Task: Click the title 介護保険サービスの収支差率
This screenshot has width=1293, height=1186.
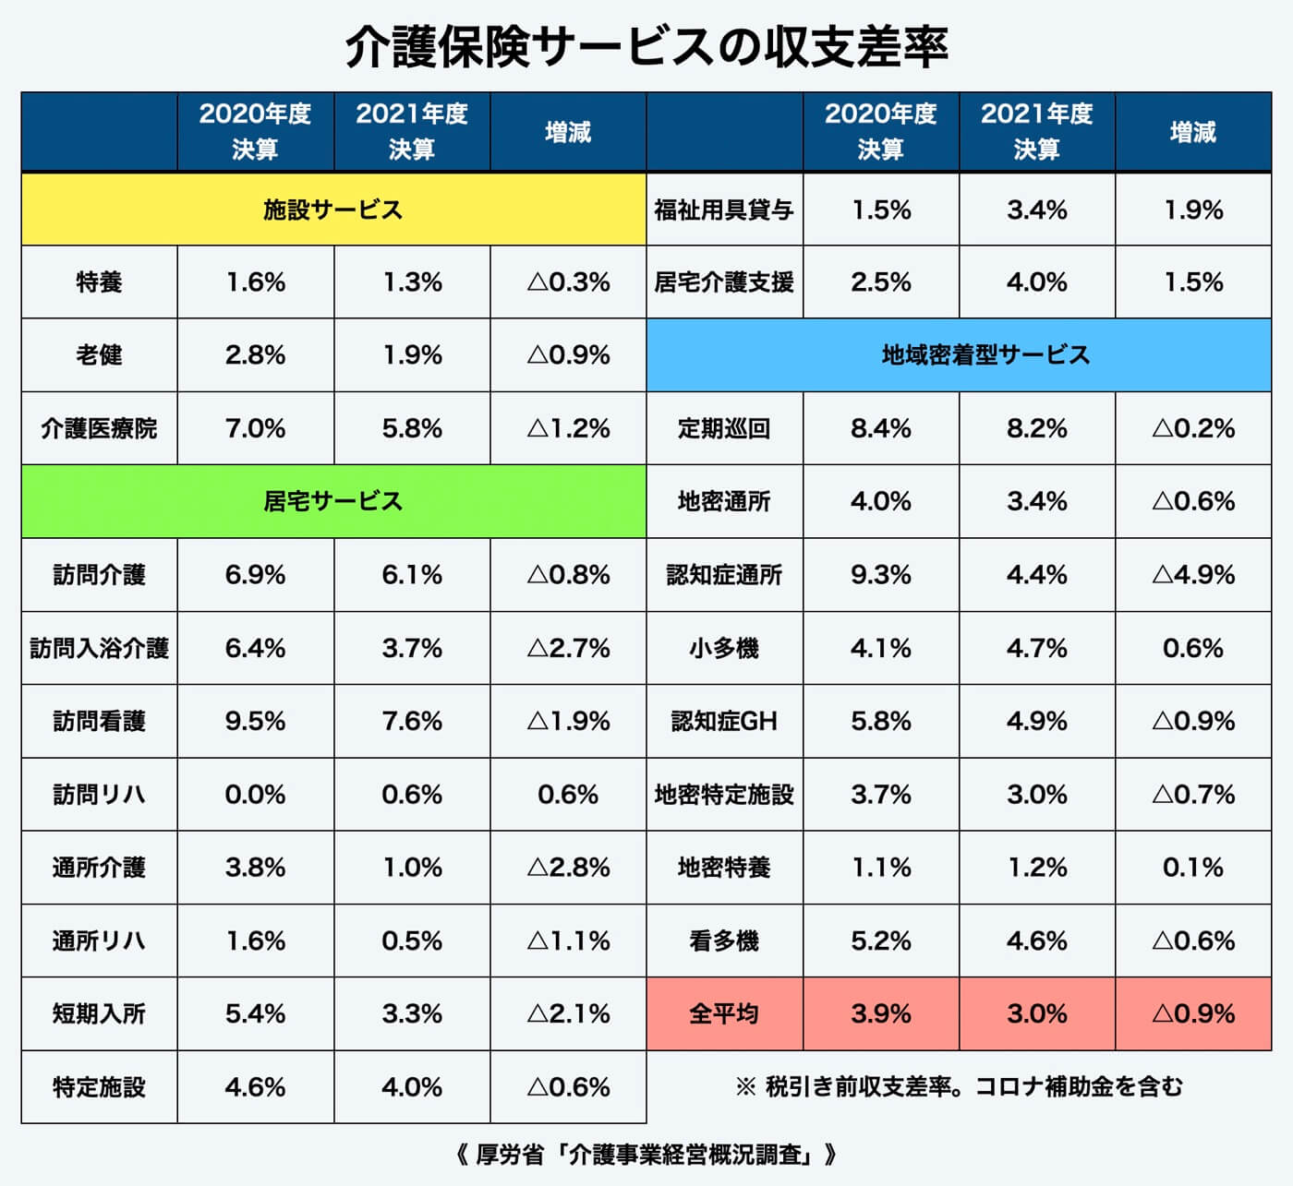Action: (646, 46)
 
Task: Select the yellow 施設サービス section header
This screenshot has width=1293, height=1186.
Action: (332, 210)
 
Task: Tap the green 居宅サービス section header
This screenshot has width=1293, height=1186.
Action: (332, 501)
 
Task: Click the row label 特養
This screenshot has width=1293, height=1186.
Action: (99, 282)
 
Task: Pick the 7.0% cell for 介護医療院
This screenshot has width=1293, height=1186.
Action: (255, 428)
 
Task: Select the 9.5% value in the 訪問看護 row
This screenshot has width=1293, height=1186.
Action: (255, 721)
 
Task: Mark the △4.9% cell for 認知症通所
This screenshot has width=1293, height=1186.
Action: (1193, 575)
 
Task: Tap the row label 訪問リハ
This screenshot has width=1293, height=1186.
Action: (99, 795)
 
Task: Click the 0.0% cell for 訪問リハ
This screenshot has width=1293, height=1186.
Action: (255, 795)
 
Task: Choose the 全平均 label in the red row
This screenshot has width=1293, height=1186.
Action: (724, 1013)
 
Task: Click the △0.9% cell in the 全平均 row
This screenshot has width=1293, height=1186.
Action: (1193, 1013)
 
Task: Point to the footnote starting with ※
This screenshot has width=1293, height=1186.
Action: (959, 1086)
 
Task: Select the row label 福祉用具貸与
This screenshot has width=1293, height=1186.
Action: (724, 210)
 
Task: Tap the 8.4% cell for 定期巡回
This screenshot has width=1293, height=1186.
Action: (880, 428)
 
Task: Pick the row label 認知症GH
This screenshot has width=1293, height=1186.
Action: (724, 721)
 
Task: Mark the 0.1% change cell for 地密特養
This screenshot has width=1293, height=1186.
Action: (1193, 868)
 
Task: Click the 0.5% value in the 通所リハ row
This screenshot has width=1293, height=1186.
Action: (412, 940)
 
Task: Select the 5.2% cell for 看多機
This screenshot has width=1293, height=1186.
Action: (880, 940)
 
